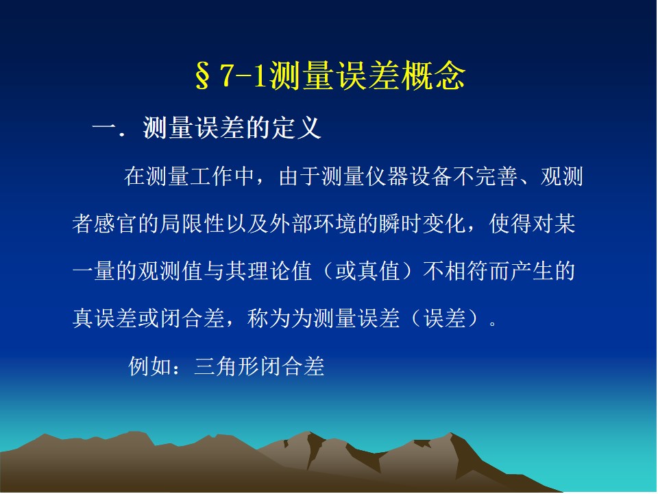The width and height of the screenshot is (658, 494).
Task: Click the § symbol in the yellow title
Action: [x=203, y=75]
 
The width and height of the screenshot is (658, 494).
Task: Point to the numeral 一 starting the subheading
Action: [x=105, y=128]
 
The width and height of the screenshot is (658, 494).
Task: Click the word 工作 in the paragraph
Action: [x=212, y=176]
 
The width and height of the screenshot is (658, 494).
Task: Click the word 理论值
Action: [x=280, y=271]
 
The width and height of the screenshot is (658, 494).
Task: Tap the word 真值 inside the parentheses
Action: [x=378, y=271]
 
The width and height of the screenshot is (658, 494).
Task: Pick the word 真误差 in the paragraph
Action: [x=106, y=318]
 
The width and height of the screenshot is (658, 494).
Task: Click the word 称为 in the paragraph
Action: [x=269, y=318]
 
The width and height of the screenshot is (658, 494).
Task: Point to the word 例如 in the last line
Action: [x=150, y=366]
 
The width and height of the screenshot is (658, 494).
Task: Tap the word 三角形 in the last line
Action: [x=227, y=366]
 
